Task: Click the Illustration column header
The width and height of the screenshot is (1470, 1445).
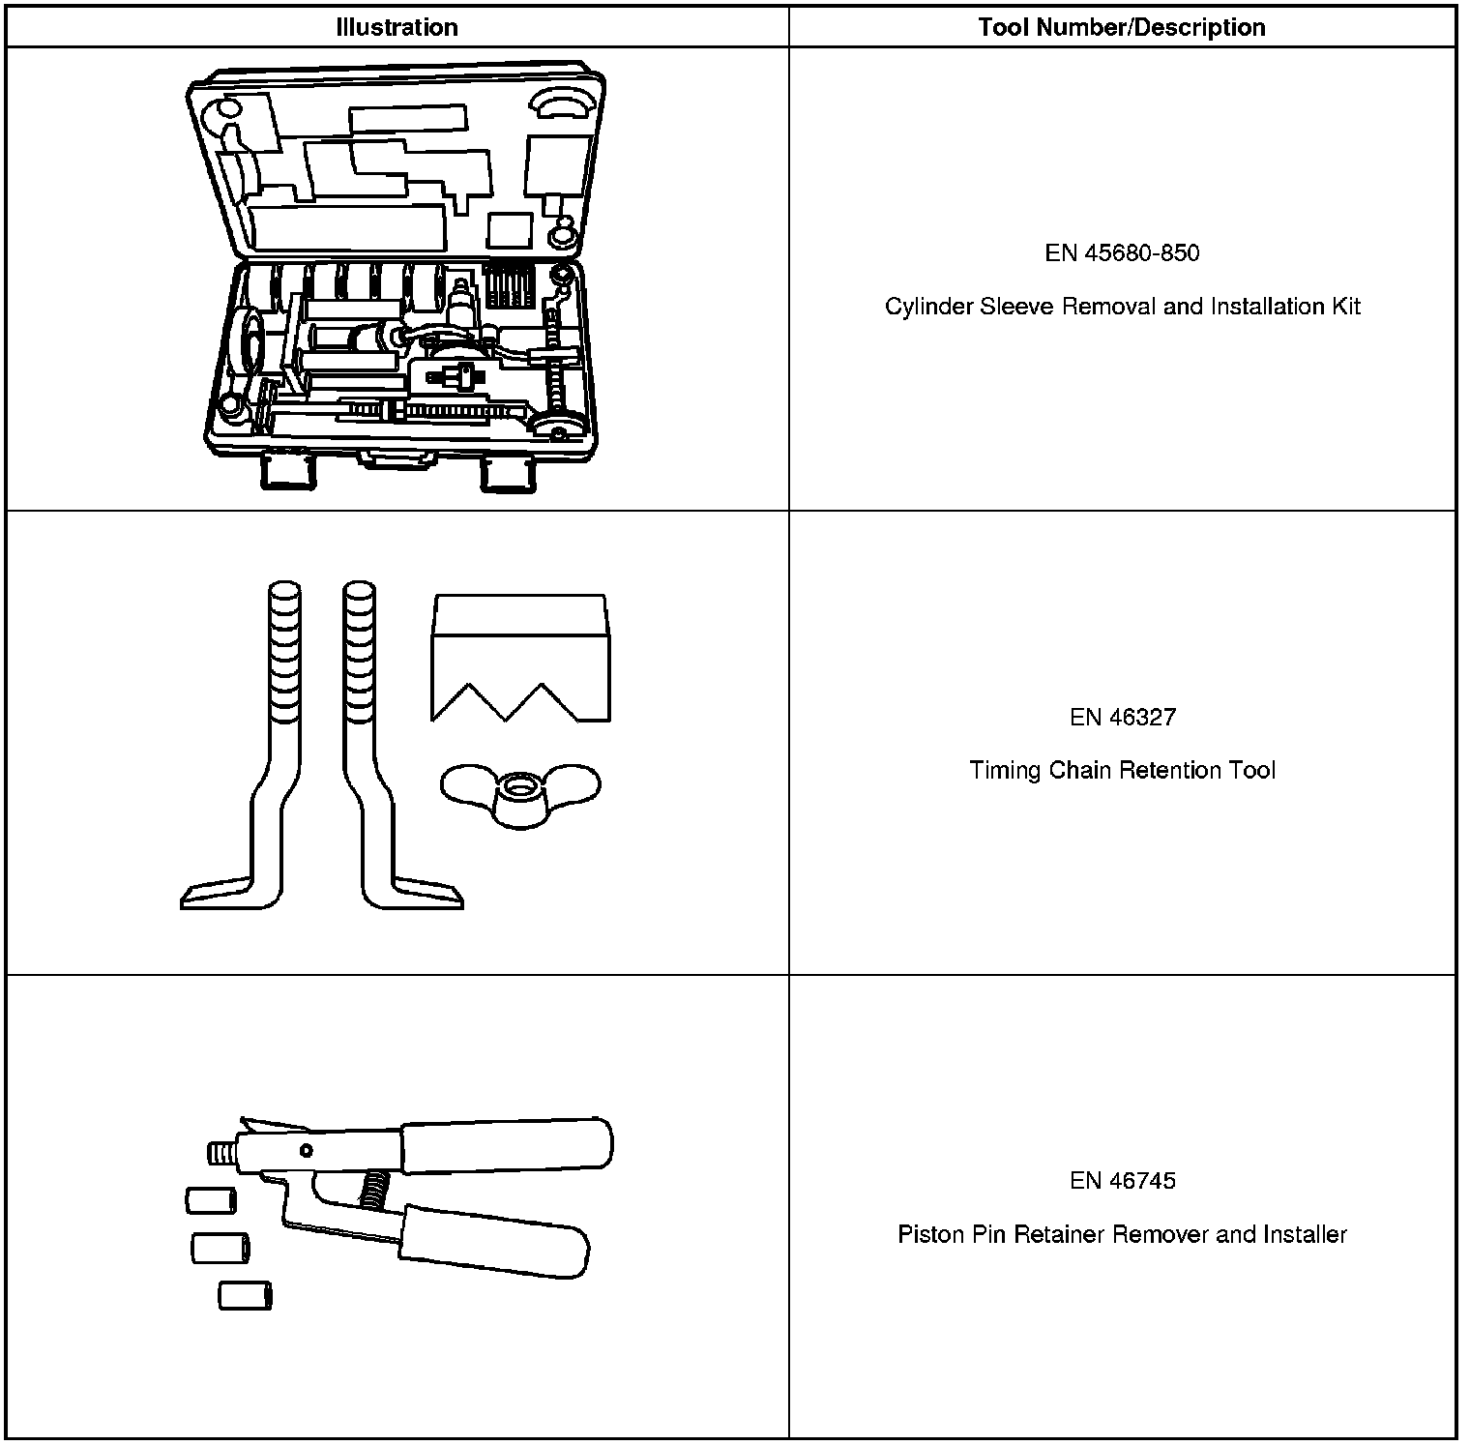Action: [397, 27]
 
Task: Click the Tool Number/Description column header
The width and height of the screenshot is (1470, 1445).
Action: [1122, 27]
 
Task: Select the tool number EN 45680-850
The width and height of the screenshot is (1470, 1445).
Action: [1122, 253]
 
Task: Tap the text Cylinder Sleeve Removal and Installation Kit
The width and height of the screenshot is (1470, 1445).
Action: [1122, 307]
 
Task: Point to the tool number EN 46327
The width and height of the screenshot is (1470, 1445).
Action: [1122, 717]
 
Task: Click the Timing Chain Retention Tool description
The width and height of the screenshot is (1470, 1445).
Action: [1122, 771]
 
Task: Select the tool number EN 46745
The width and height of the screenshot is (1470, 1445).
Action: [1122, 1181]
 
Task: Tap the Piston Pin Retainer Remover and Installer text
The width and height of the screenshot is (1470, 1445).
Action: [1122, 1235]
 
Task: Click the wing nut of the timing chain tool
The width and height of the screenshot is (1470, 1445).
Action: [520, 795]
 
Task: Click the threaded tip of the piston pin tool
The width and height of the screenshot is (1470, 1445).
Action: [221, 1151]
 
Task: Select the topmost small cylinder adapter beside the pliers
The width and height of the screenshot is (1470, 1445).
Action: [211, 1201]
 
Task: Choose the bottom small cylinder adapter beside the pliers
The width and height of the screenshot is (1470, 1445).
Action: [245, 1296]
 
